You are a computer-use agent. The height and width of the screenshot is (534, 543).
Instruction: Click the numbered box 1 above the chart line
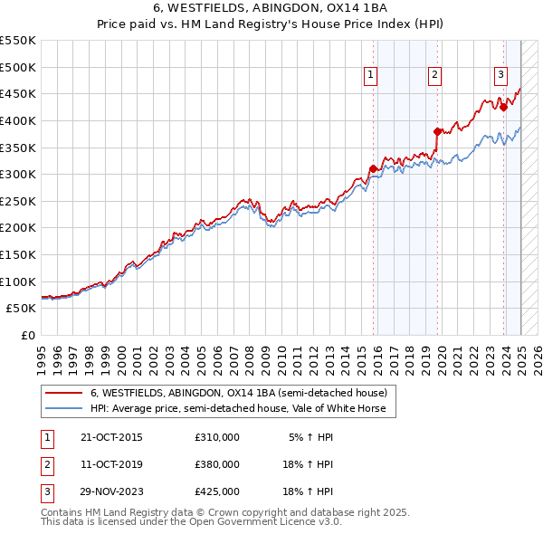(x=372, y=76)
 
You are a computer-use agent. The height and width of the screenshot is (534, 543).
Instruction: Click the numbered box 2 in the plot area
(x=435, y=76)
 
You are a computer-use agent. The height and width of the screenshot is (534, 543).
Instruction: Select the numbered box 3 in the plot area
(x=501, y=76)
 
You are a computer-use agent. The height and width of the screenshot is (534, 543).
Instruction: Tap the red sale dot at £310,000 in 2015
(x=373, y=168)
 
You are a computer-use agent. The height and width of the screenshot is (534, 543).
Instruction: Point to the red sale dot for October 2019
(x=437, y=131)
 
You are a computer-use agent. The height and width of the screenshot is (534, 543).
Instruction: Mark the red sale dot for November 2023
(x=504, y=107)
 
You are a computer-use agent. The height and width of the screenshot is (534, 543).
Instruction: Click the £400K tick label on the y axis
(x=18, y=120)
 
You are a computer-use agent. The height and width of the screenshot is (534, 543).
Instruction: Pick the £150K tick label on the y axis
(x=18, y=254)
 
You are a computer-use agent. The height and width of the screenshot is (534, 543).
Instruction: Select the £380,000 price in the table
(x=216, y=464)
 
